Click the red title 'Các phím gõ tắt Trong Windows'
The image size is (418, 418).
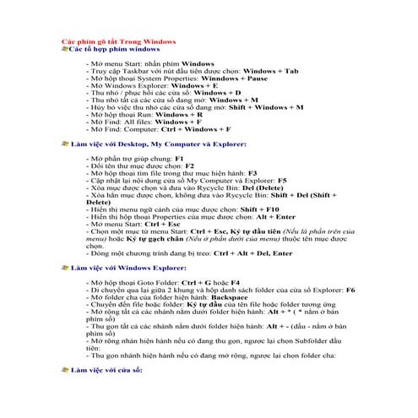(119, 41)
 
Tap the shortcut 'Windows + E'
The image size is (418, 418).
(195, 85)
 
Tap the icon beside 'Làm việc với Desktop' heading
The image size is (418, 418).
(66, 145)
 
